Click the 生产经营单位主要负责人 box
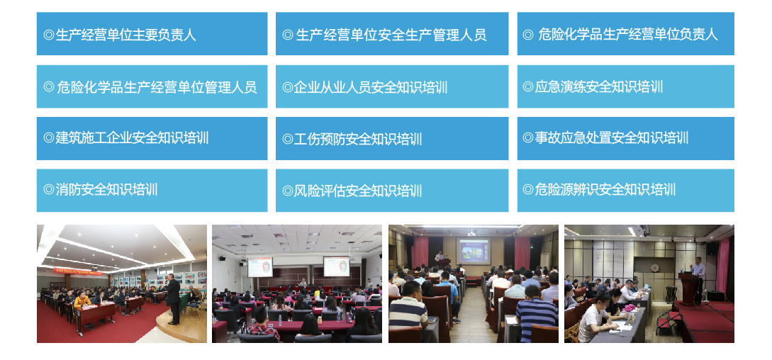coord(152,33)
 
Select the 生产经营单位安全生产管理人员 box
coord(391,33)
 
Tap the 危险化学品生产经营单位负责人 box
coord(625,33)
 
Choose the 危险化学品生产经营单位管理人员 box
coord(152,86)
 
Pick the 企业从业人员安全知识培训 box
coord(391,86)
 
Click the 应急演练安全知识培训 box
coord(625,86)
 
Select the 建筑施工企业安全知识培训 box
coord(152,138)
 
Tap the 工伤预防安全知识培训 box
coord(391,138)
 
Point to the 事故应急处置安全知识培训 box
coord(625,138)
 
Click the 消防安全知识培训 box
coord(152,190)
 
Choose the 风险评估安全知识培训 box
coord(391,190)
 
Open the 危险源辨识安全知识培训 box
coord(625,190)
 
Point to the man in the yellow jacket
coord(82,303)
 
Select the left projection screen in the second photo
coord(260,266)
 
